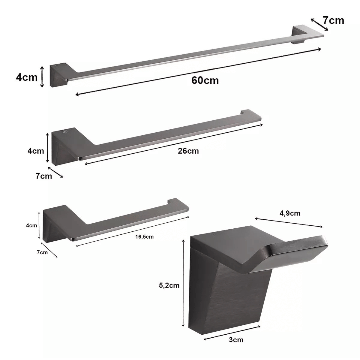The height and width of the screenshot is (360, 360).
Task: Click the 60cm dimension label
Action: [205, 80]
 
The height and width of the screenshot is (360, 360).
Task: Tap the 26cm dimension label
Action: [188, 151]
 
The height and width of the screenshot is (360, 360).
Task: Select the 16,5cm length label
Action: [144, 237]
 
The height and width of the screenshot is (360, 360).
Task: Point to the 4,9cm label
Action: [290, 213]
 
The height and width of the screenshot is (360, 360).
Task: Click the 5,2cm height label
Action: [169, 285]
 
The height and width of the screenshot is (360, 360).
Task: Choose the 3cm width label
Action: [236, 340]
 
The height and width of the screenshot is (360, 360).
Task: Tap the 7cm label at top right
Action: [333, 20]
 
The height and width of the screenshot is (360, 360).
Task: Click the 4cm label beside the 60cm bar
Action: [27, 77]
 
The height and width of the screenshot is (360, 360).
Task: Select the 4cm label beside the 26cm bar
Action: [36, 151]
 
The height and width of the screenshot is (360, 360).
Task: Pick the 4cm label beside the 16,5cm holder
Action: [31, 225]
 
